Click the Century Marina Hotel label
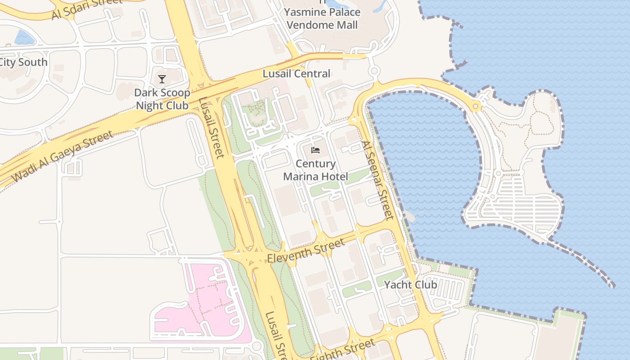(315, 170)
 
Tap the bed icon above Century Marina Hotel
(315, 150)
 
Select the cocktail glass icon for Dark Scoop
(162, 80)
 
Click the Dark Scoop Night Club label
(162, 99)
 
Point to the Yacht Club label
(410, 285)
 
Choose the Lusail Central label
(297, 73)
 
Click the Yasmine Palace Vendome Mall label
(322, 18)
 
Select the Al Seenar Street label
(377, 180)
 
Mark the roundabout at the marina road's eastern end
(476, 107)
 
